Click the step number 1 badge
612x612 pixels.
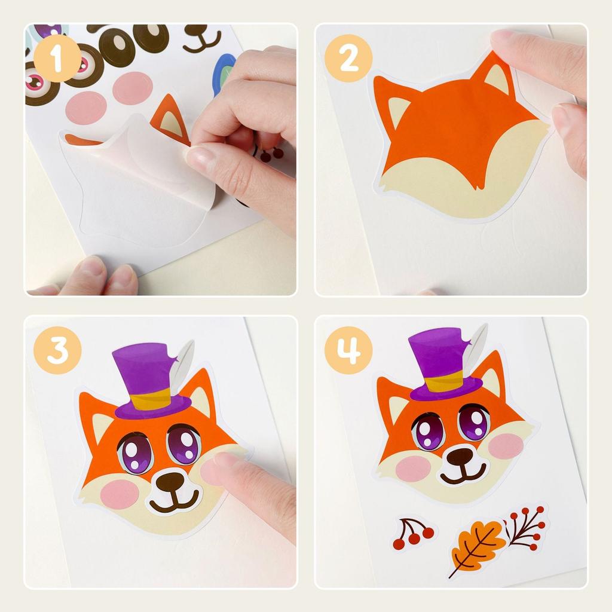coord(57,58)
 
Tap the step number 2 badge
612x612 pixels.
coord(348,58)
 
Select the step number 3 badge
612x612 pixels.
coord(57,350)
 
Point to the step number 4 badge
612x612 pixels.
coord(348,350)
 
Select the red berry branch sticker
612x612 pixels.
coord(526,527)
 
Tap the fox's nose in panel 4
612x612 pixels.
coord(461,457)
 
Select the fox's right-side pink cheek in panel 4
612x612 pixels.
coord(505,445)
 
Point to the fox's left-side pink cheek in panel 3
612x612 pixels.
coord(120,494)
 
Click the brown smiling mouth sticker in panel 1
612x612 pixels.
coord(201,39)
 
